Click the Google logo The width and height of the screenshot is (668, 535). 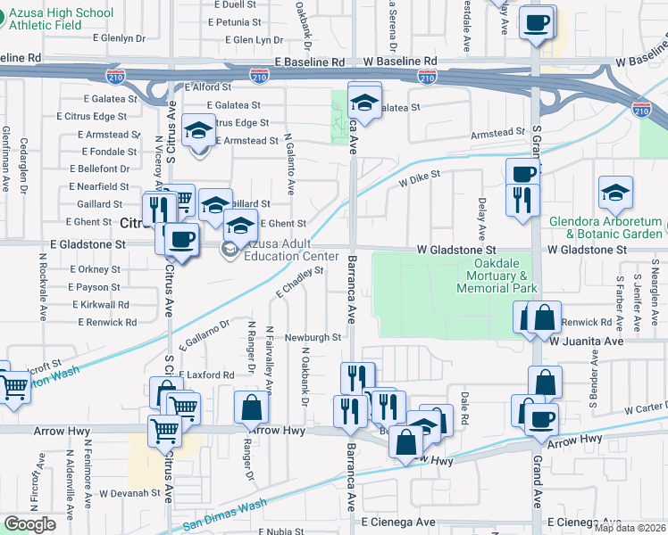coord(29,523)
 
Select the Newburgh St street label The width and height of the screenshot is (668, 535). coord(313,338)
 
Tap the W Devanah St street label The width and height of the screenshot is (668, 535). coord(129,492)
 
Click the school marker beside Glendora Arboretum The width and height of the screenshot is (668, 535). coord(616,193)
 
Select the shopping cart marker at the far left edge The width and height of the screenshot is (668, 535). coord(13,387)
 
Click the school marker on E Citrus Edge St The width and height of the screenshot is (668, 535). coord(198,130)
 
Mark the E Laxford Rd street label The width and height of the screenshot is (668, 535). coord(205,375)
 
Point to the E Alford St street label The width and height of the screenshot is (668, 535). coord(205,87)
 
